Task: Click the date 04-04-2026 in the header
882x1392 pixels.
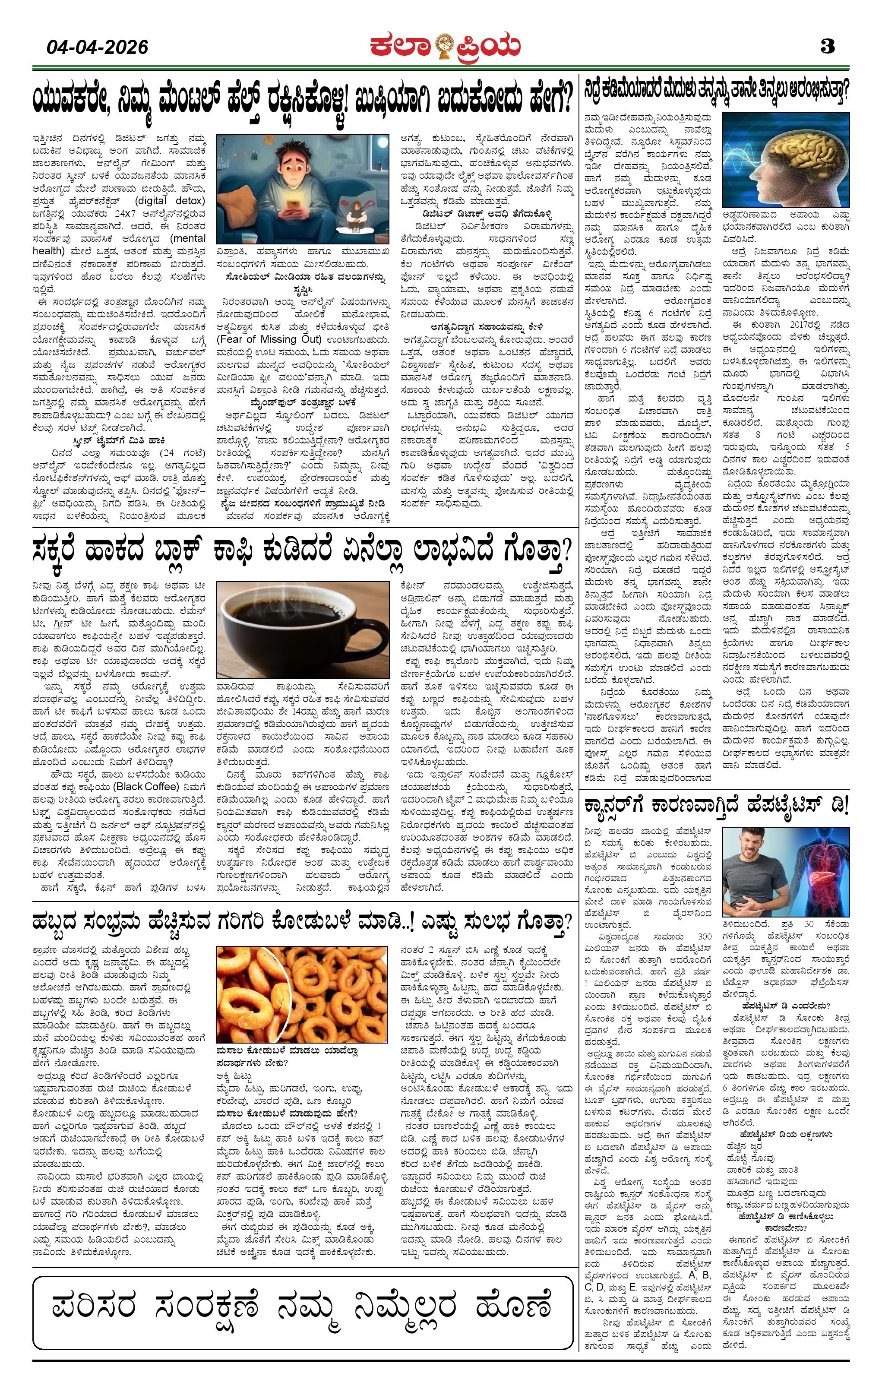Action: (97, 46)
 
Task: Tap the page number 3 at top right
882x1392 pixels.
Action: (827, 46)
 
